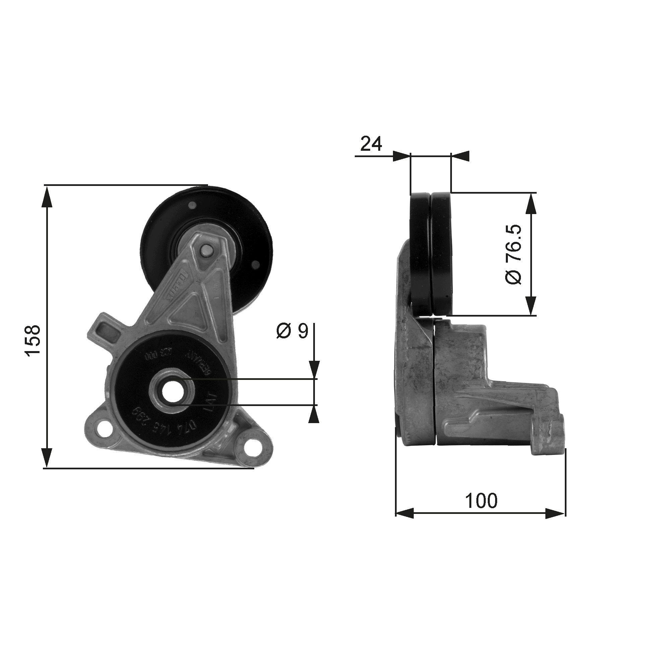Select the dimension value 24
[371, 144]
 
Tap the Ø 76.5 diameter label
[513, 254]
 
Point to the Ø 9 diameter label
[292, 332]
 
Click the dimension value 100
[481, 500]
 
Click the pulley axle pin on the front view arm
[207, 250]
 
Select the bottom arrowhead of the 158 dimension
[47, 458]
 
